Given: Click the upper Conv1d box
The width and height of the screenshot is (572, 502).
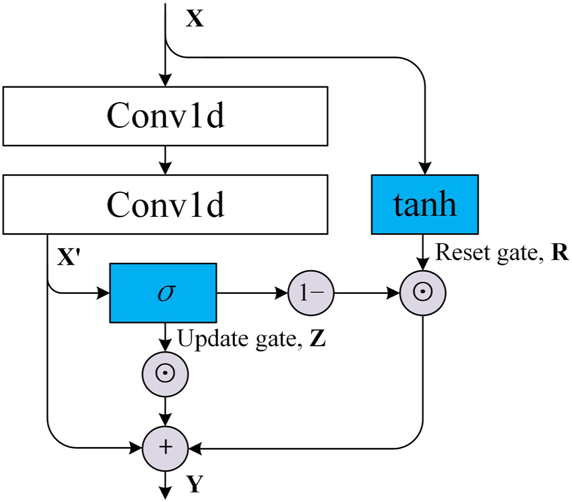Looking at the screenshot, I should point(165,116).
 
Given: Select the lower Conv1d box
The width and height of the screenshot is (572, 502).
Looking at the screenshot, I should point(165,204).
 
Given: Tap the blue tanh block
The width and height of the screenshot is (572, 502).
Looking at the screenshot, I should point(424,204).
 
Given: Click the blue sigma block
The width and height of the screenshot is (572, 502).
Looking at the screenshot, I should point(163,293).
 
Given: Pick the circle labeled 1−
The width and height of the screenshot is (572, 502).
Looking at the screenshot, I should point(311,293).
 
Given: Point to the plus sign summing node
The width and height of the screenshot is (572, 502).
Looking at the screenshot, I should point(165,448).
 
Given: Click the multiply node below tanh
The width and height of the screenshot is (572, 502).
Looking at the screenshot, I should point(423,293).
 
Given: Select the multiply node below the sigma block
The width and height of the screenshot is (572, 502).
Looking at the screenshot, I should point(165,374).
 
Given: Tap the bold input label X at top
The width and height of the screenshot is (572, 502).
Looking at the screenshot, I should point(195,19).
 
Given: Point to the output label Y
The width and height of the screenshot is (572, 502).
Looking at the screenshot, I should point(195,484).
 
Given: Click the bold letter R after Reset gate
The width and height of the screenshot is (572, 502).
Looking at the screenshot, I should point(560,252).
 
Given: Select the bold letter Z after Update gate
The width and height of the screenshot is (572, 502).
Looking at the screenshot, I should point(318,339).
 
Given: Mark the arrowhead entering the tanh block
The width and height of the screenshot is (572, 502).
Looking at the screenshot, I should point(425,168).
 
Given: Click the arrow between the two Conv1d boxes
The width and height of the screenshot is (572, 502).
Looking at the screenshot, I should point(165,161).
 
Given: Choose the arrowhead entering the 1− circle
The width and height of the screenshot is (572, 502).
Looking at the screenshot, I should point(282,293).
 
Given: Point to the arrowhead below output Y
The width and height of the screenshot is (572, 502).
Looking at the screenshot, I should point(165,493).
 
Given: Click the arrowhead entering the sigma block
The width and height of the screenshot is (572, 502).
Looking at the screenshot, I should point(103,293).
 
